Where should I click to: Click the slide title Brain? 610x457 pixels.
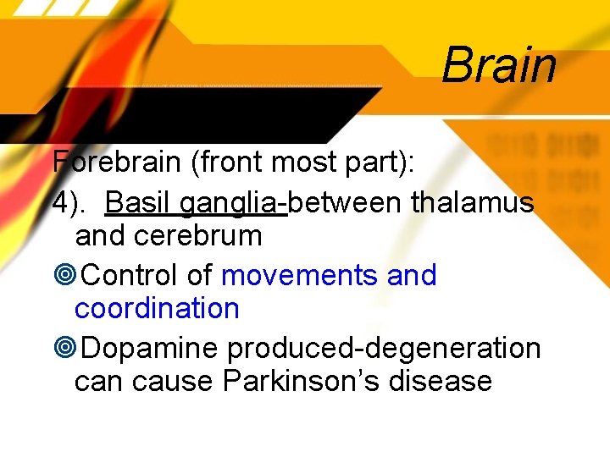(498, 64)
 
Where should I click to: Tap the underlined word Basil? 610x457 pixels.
(139, 203)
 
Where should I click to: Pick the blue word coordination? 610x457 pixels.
(157, 308)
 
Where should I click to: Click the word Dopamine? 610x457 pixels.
(152, 348)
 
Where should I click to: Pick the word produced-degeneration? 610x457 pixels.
(384, 348)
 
